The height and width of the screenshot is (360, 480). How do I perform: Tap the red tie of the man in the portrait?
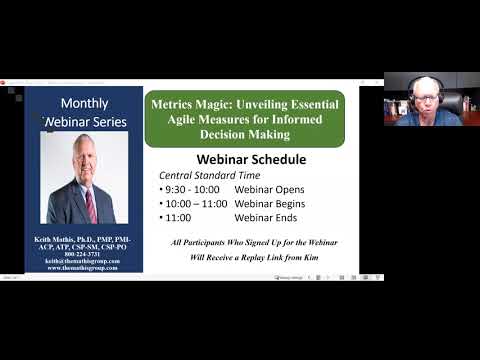[91, 204]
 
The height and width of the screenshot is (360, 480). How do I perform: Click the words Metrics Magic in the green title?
[189, 104]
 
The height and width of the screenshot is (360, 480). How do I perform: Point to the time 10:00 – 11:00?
[196, 204]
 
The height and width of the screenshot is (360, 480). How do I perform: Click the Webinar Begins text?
[271, 204]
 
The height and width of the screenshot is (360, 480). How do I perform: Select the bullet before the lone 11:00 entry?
[161, 219]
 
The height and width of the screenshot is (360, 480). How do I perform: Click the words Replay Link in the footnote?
[273, 257]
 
